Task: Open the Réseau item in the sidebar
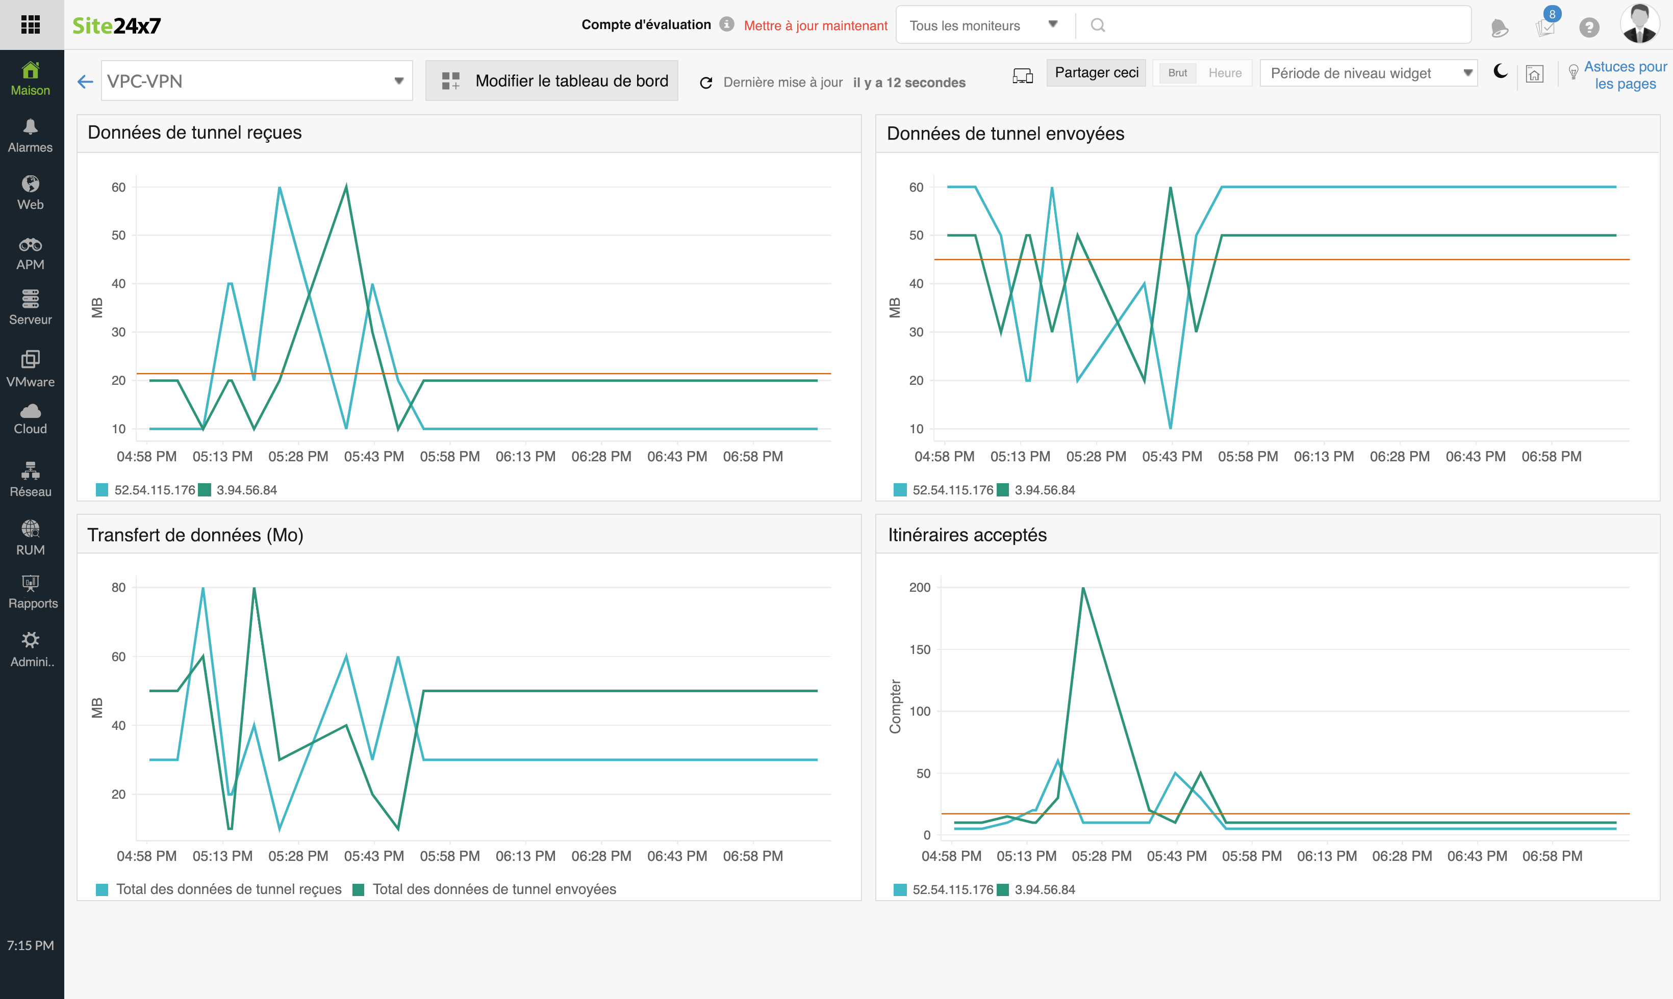pos(30,479)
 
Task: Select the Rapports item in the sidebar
pos(31,591)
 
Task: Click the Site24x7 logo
pos(116,25)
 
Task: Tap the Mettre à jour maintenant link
pos(815,25)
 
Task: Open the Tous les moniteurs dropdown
pos(983,25)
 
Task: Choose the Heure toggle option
pos(1225,73)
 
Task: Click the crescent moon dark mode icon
pos(1500,71)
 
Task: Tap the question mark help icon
pos(1589,27)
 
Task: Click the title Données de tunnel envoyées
pos(1005,134)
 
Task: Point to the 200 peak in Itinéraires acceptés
pos(1083,588)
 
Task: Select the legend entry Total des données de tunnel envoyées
pos(494,889)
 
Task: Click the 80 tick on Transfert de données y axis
pos(118,588)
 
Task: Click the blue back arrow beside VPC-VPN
pos(85,82)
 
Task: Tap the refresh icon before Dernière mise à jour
pos(706,82)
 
